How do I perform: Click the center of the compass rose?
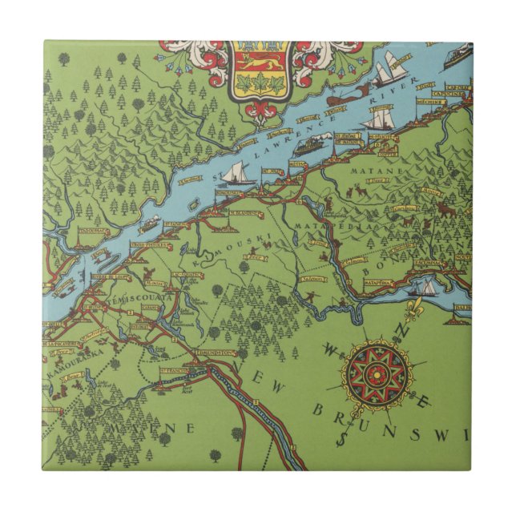(377, 373)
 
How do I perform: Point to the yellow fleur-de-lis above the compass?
(415, 307)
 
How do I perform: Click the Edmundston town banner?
(215, 353)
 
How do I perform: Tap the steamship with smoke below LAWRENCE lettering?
(309, 147)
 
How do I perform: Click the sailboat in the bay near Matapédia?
(425, 287)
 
